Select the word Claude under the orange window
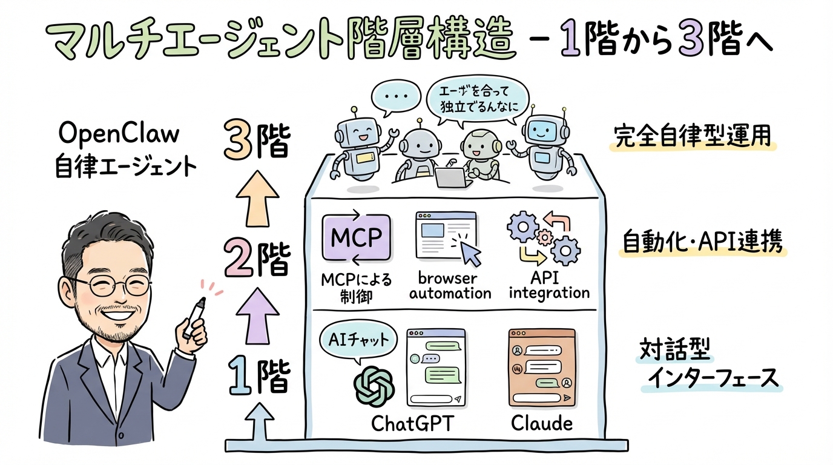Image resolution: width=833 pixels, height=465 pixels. pyautogui.click(x=541, y=423)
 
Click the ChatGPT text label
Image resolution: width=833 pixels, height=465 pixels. pyautogui.click(x=411, y=423)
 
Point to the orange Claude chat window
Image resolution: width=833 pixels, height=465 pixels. pyautogui.click(x=541, y=368)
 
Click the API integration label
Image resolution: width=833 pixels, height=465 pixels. pyautogui.click(x=549, y=286)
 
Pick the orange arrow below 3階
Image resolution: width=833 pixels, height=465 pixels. pyautogui.click(x=257, y=198)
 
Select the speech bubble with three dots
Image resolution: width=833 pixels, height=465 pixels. pyautogui.click(x=395, y=96)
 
